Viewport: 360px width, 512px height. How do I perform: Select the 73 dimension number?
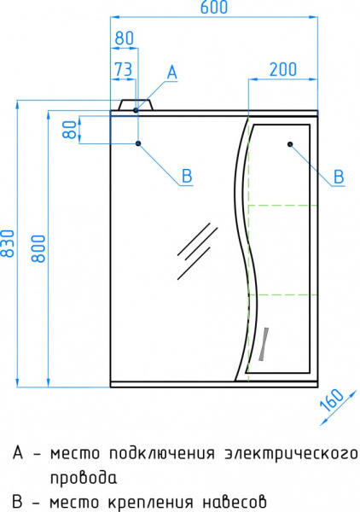tap(124, 69)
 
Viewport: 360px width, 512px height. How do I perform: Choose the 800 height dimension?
tap(38, 247)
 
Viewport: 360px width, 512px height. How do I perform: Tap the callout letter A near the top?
tap(171, 73)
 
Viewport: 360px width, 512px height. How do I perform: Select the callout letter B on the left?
tap(186, 177)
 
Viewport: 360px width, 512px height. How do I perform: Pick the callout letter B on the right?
tap(338, 177)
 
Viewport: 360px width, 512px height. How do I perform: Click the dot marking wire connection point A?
tap(136, 111)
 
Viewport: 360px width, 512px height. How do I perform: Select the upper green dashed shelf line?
tap(282, 206)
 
